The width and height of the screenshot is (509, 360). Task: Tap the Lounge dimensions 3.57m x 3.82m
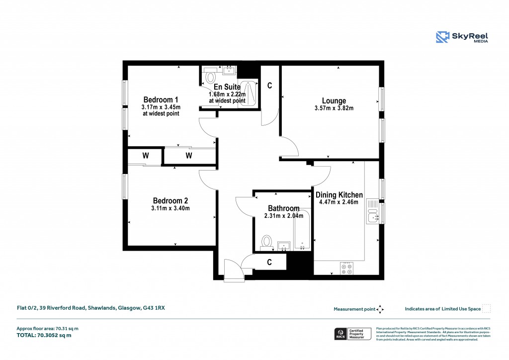point(334,108)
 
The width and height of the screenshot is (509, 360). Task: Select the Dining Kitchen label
point(339,195)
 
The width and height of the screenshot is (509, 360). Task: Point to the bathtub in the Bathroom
point(302,230)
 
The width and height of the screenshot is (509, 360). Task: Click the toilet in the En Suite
point(210,77)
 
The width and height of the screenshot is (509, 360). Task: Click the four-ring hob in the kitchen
point(346,269)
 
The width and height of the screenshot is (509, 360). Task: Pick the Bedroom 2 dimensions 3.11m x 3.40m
point(171,208)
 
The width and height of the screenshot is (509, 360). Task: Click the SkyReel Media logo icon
point(443,37)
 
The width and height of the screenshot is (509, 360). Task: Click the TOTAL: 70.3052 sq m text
point(44,335)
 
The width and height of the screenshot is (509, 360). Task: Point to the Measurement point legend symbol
point(380,309)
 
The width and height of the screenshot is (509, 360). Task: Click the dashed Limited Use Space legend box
point(487,309)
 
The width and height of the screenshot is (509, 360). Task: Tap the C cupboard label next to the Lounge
point(270,86)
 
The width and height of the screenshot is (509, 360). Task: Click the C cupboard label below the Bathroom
point(269,262)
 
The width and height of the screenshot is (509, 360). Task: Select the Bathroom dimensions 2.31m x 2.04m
point(283,216)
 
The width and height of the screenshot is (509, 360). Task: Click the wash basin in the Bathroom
point(284,245)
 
